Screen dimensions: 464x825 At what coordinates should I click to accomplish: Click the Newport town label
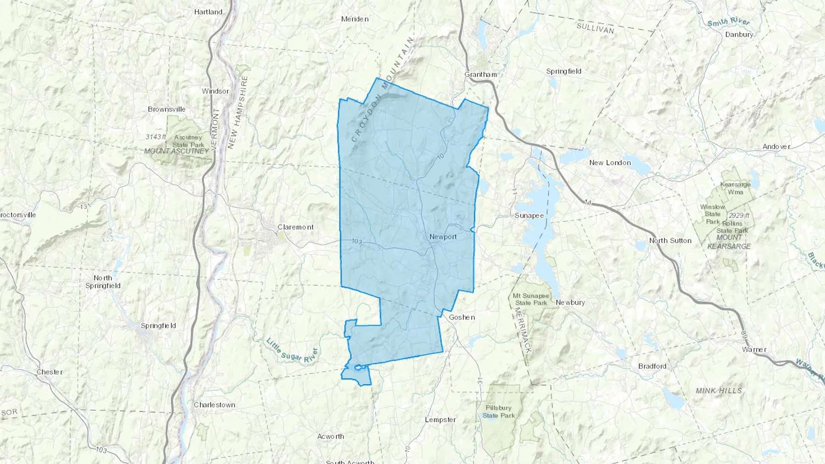(443, 237)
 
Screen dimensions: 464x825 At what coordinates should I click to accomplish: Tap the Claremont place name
(296, 227)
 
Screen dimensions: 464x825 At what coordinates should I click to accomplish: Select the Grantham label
(480, 74)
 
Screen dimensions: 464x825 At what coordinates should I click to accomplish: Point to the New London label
(610, 163)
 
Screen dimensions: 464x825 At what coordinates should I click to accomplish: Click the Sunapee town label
(529, 215)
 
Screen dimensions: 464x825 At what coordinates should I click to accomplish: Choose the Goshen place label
(462, 317)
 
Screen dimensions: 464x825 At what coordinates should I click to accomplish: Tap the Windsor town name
(215, 91)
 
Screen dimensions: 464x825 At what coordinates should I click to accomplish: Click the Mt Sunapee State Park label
(531, 299)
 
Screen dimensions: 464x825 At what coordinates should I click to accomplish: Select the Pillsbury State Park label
(499, 411)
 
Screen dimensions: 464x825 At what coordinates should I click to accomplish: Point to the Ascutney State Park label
(188, 141)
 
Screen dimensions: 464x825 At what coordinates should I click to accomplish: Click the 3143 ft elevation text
(156, 137)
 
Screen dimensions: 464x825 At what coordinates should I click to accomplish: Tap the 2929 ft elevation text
(739, 215)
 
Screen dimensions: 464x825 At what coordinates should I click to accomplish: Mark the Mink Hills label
(719, 390)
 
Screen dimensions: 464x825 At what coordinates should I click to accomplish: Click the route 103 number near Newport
(357, 241)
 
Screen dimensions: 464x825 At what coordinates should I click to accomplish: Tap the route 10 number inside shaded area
(440, 156)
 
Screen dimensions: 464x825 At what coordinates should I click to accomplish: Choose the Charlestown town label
(214, 405)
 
